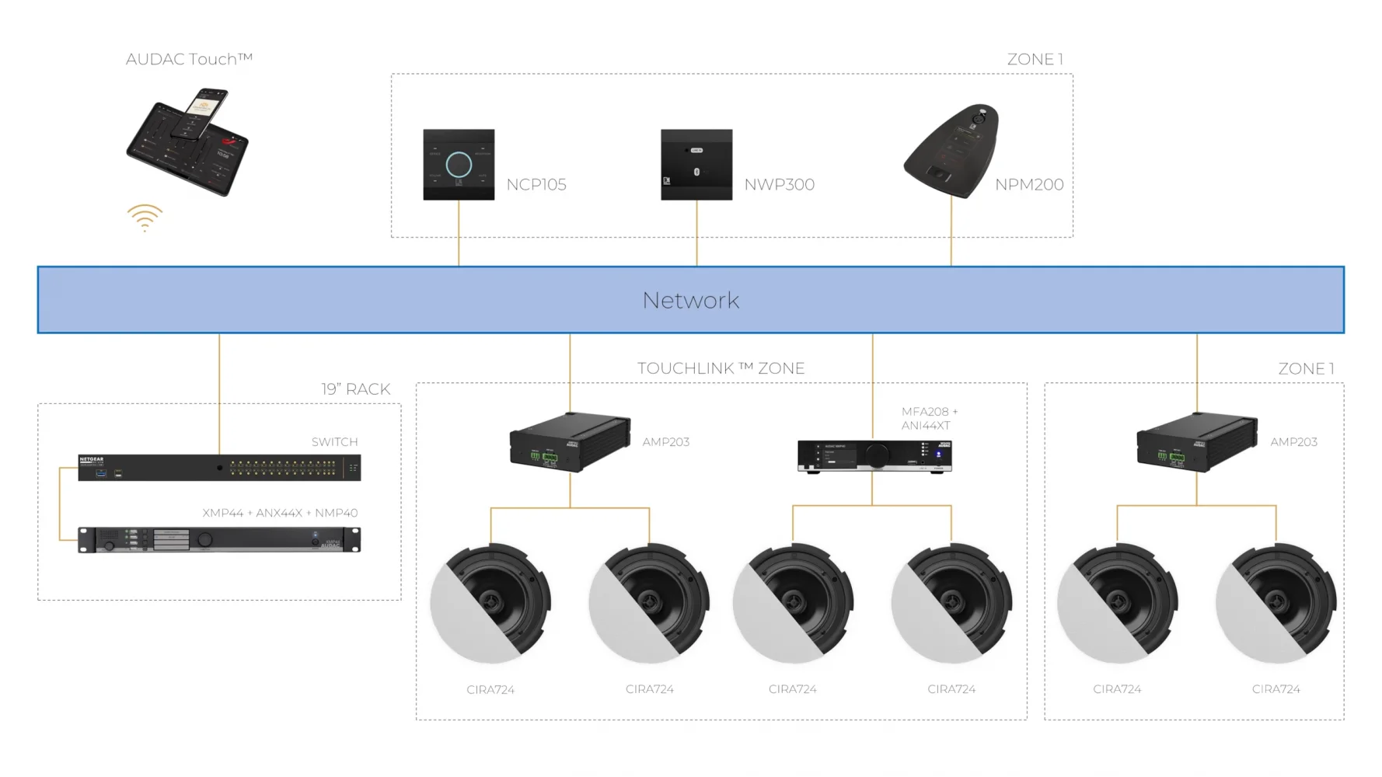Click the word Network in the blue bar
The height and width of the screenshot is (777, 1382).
690,300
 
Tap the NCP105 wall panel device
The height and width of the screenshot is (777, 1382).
459,165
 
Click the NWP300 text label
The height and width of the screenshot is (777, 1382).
779,184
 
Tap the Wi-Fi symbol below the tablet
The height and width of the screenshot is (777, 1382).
145,218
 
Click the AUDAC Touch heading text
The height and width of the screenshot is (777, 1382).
189,59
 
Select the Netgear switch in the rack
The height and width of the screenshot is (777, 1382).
219,468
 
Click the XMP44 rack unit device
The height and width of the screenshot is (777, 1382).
219,539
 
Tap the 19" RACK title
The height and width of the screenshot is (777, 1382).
355,389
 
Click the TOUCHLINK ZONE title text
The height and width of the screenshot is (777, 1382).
721,368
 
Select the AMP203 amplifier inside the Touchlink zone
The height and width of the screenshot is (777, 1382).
569,441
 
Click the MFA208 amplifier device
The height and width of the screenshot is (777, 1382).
874,455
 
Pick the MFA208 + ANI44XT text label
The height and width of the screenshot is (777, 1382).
929,418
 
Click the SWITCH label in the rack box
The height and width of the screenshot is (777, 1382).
334,441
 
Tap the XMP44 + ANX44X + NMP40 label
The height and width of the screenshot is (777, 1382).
280,513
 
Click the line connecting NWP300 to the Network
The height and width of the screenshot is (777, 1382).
696,233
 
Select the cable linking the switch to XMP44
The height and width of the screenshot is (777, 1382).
60,503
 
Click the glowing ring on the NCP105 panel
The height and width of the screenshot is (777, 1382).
459,165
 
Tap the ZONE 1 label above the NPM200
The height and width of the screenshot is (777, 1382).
1035,59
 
